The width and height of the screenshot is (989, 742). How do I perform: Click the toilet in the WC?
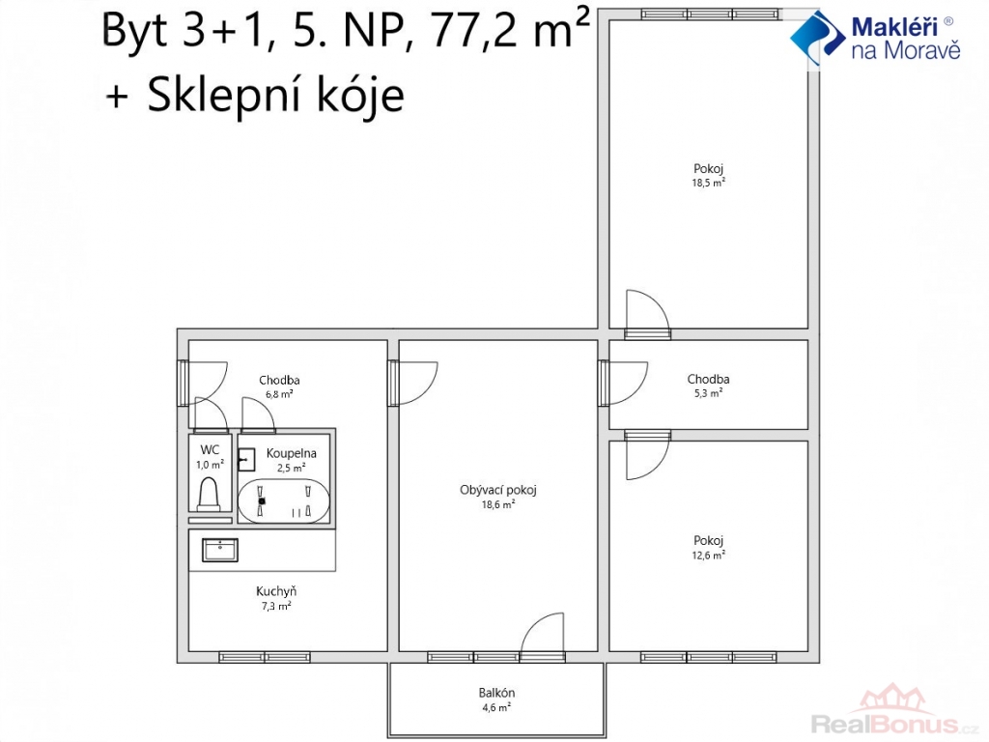[210, 495]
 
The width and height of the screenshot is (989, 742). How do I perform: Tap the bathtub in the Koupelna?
[283, 501]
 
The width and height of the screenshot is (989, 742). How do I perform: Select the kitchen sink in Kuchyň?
[220, 550]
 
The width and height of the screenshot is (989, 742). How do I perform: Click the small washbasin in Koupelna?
[246, 460]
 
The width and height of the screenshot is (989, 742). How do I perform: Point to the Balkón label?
[496, 693]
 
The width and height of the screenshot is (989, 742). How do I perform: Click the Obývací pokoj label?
[498, 490]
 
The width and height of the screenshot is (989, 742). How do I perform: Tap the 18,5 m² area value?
[708, 183]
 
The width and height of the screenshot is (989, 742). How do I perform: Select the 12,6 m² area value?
[708, 556]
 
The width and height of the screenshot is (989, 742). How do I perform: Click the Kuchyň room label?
[276, 592]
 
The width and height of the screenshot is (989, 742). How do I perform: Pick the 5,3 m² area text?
[708, 393]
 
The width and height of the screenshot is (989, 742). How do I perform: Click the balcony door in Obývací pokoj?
[543, 638]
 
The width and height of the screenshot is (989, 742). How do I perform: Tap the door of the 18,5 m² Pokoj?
[647, 314]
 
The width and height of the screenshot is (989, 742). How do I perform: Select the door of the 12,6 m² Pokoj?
[647, 456]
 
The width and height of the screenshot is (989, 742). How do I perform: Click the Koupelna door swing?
[258, 415]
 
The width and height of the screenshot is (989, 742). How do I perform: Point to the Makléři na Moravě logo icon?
[817, 38]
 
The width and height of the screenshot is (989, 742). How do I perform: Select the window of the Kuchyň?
[265, 657]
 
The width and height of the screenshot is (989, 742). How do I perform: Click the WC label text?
[210, 450]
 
